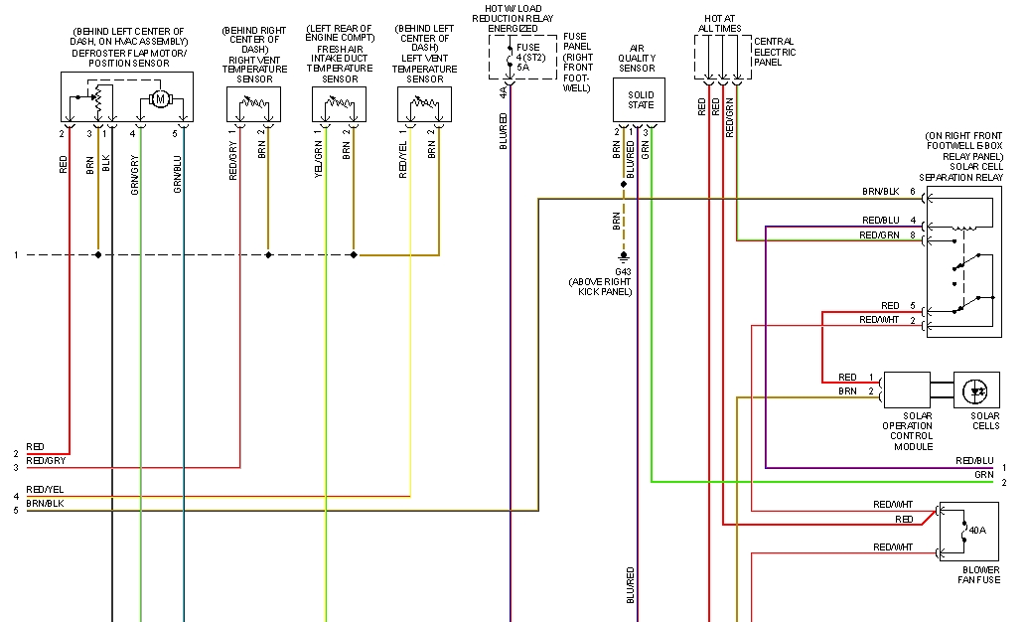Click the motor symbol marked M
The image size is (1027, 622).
(159, 98)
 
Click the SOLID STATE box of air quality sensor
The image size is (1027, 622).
(641, 99)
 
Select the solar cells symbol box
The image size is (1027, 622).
(976, 390)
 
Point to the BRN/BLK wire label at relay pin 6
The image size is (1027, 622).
(881, 192)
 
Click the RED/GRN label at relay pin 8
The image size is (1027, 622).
(879, 235)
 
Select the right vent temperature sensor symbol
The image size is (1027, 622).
(253, 104)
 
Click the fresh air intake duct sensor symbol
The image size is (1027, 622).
(339, 104)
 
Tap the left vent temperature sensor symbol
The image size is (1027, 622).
(424, 104)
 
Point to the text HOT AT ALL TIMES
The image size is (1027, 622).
(722, 24)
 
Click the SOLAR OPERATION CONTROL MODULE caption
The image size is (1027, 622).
(907, 430)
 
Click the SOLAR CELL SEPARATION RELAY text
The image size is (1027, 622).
(962, 171)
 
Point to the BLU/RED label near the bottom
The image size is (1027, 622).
(631, 586)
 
